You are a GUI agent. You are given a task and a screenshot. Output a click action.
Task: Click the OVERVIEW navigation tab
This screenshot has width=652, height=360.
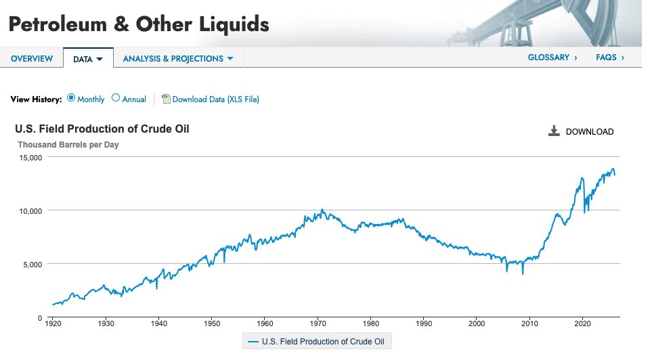click(32, 59)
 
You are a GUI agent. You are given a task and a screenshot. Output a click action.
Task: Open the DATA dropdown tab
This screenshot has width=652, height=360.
click(87, 59)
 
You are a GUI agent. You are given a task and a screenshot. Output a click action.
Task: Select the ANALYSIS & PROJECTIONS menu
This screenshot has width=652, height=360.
click(177, 59)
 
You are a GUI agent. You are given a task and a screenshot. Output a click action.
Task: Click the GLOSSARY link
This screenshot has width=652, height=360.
click(552, 58)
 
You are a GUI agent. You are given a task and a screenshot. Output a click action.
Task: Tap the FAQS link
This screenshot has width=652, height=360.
click(609, 58)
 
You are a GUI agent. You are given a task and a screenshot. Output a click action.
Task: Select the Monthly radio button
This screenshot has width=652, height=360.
click(71, 98)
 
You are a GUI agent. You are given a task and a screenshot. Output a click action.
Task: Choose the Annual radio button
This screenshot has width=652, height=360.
click(116, 98)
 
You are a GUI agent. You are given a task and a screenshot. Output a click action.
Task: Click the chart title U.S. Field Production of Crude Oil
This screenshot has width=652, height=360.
click(102, 129)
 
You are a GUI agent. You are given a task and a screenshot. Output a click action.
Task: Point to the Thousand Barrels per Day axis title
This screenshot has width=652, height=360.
click(68, 145)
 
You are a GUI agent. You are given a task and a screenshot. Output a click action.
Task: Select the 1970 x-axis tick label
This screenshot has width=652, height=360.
click(318, 324)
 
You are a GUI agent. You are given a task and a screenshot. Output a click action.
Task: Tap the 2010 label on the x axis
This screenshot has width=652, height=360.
click(530, 324)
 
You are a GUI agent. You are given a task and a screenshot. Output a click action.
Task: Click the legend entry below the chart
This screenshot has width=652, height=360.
click(317, 342)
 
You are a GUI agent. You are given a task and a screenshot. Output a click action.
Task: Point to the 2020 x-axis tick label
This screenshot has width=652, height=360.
click(583, 324)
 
